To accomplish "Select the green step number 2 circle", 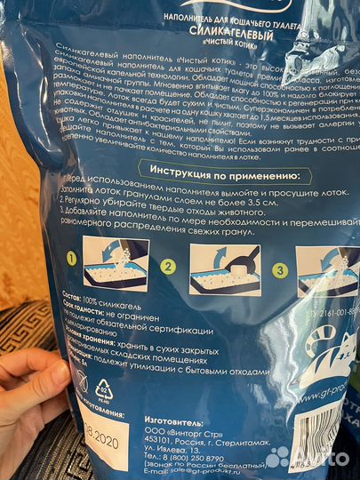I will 165,264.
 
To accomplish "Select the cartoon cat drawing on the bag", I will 328,356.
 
